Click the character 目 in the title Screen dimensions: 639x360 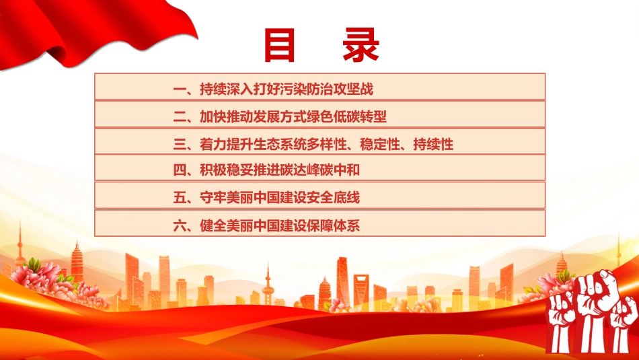pos(280,45)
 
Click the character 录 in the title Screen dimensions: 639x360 pos(361,45)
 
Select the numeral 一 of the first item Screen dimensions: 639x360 pos(180,89)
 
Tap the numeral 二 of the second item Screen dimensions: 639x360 pos(180,116)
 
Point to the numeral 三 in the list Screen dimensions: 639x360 pos(180,144)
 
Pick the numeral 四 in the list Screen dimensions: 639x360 pos(180,170)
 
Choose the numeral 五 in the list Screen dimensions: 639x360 pos(180,198)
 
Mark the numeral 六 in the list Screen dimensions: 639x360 pos(180,225)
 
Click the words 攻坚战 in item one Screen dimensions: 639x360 pos(353,89)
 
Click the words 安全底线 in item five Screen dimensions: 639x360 pos(334,198)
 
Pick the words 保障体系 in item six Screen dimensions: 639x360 pos(334,225)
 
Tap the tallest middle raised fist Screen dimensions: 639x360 pos(593,310)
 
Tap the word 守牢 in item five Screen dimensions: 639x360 pos(213,198)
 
